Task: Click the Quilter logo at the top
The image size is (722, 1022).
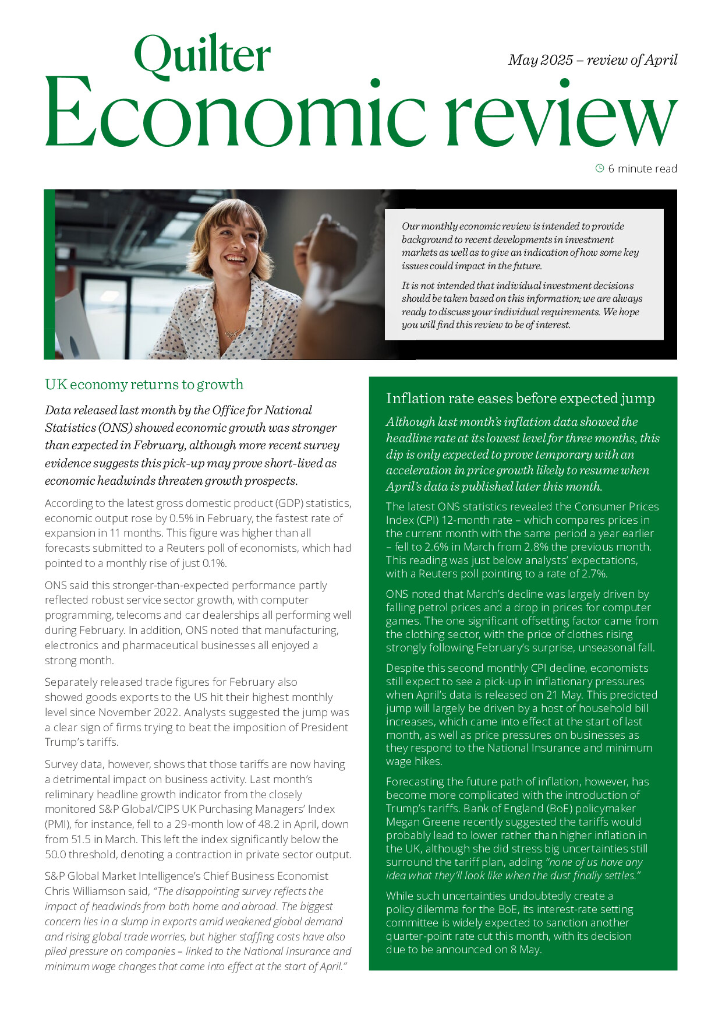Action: coord(202,56)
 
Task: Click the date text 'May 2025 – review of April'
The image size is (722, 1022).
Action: coord(592,60)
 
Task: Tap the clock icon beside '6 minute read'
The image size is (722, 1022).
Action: coord(600,168)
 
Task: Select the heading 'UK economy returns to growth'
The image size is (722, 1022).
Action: coord(144,385)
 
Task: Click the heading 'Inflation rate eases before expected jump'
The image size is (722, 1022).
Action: coord(520,399)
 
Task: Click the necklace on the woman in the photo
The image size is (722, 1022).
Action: coord(231,330)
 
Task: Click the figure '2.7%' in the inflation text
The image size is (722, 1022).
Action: coord(594,573)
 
